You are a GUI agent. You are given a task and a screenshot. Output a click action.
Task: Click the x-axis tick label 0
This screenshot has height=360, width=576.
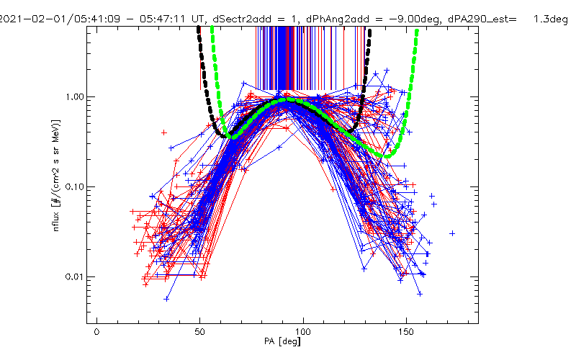tap(96, 332)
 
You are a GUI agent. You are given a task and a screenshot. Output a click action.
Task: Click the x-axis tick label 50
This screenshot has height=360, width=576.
tap(200, 332)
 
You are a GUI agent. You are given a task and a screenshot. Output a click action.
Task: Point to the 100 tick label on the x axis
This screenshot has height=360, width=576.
tap(303, 332)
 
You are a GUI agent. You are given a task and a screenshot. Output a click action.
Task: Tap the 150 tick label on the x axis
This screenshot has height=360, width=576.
tap(406, 332)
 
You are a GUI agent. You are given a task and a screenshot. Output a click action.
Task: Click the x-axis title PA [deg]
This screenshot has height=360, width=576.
tap(282, 341)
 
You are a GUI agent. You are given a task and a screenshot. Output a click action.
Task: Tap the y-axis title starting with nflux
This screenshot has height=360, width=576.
tap(56, 175)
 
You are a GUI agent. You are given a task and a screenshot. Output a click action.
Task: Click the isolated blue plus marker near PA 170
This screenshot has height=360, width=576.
tap(452, 233)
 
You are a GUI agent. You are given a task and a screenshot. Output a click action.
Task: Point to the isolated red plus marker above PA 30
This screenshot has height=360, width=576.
tap(164, 132)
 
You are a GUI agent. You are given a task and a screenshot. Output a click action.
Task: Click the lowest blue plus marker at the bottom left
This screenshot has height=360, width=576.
tap(166, 299)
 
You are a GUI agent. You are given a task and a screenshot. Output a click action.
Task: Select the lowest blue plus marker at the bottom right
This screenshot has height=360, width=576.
tap(420, 294)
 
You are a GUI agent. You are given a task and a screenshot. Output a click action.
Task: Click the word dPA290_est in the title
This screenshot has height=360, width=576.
tap(477, 19)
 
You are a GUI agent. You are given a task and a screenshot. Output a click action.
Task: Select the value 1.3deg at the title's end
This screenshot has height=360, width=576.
tap(551, 19)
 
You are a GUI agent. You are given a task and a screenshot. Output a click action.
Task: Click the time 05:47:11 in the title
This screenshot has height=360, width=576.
tap(163, 19)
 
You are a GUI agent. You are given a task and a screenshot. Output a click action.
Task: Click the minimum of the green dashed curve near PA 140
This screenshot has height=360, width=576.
tap(386, 156)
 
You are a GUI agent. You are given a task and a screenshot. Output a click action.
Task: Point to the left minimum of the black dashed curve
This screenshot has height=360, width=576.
tap(224, 136)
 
